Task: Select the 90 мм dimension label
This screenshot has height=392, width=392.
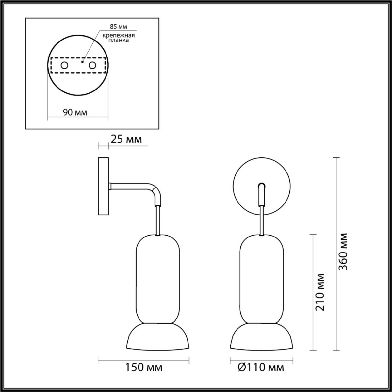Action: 75,113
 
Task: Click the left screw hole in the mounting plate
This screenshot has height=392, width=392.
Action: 64,66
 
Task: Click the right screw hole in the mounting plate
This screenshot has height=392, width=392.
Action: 93,66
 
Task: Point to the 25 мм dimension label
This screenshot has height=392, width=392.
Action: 126,139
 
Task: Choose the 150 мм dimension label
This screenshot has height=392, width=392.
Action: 144,367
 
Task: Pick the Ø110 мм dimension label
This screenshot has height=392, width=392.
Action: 261,367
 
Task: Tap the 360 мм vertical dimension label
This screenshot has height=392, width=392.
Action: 343,252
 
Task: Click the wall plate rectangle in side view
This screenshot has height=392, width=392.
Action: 103,186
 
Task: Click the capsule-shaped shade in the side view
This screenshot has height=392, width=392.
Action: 158,278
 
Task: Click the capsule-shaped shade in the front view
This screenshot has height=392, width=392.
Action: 262,278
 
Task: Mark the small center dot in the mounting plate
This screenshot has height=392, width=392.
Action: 83,61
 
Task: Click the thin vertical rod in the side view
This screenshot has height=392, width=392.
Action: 158,220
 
